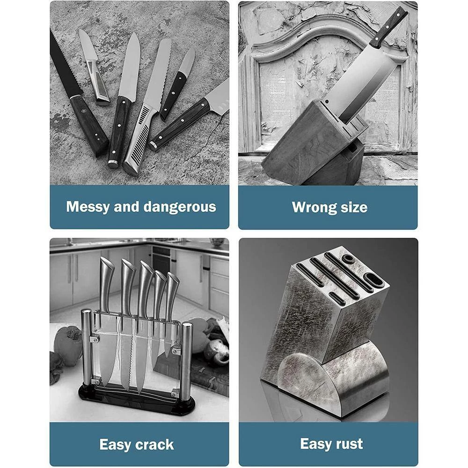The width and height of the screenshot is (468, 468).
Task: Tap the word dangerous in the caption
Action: pyautogui.click(x=180, y=207)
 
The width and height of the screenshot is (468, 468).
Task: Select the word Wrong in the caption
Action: pyautogui.click(x=311, y=207)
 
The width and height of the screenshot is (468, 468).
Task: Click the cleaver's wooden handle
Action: pyautogui.click(x=389, y=26)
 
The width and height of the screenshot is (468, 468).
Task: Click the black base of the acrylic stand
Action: pyautogui.click(x=137, y=397)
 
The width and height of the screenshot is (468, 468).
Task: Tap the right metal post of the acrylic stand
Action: pyautogui.click(x=187, y=357)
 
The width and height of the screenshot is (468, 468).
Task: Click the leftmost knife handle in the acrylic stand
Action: pyautogui.click(x=107, y=284)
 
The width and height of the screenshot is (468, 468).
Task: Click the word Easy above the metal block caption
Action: pyautogui.click(x=315, y=444)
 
